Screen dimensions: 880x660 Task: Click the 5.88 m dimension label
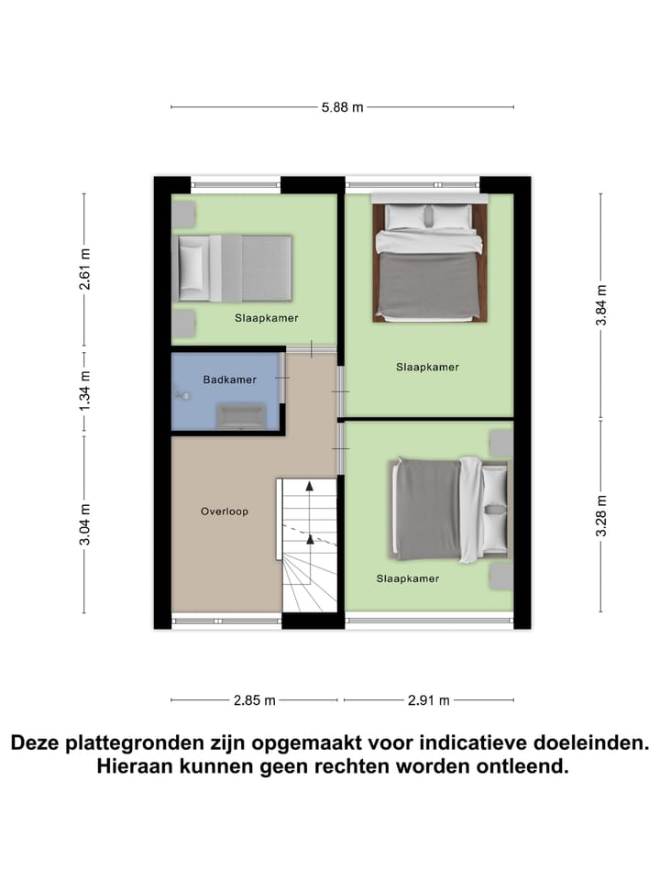click(342, 107)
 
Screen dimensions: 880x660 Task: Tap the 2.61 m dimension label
click(84, 269)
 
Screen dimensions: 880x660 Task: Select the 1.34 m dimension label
click(84, 390)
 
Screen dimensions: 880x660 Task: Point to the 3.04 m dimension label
click(84, 524)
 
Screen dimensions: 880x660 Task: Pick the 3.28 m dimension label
click(601, 514)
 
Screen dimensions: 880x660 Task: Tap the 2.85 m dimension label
click(255, 701)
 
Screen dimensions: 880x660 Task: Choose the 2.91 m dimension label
click(428, 701)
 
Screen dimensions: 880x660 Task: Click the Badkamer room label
click(229, 379)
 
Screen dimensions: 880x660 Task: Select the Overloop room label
click(225, 511)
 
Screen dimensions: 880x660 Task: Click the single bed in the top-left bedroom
click(235, 268)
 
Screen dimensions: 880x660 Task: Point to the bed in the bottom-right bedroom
click(449, 508)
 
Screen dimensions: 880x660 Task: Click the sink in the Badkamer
click(240, 417)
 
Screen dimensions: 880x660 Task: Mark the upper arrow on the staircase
click(310, 489)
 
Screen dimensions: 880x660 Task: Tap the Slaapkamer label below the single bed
click(265, 318)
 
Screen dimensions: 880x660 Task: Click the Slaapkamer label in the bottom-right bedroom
click(408, 578)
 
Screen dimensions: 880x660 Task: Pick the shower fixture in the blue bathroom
click(182, 395)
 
